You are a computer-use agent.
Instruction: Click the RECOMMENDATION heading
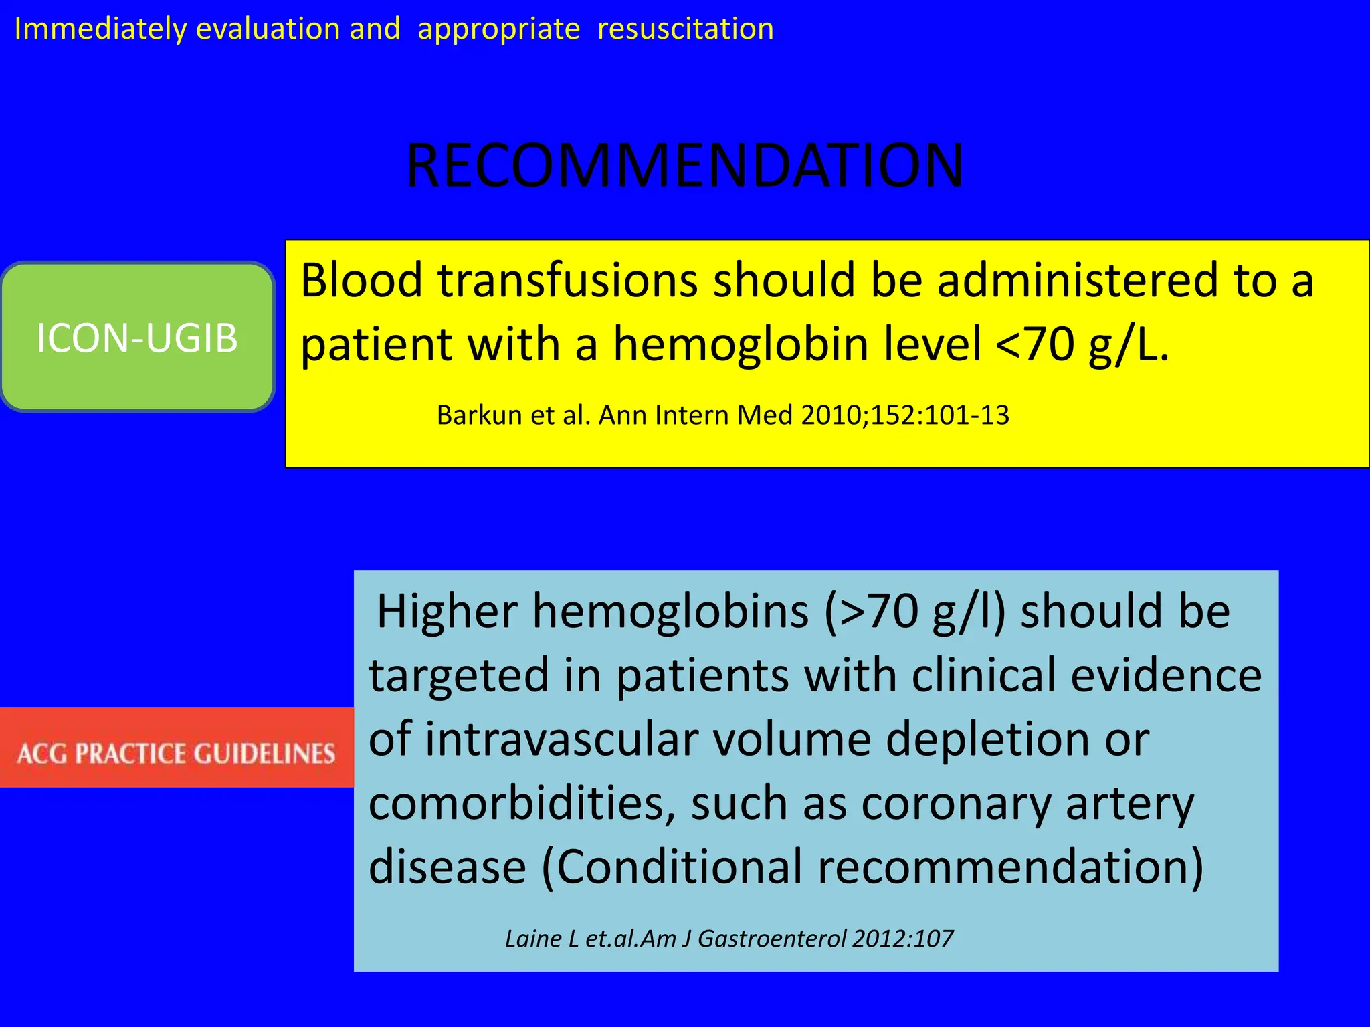pyautogui.click(x=684, y=165)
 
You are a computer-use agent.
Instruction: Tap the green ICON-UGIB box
pyautogui.click(x=137, y=337)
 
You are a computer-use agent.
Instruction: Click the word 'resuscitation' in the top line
pyautogui.click(x=685, y=29)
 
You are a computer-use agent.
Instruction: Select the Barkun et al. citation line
pyautogui.click(x=722, y=415)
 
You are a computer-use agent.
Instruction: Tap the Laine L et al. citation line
pyautogui.click(x=728, y=939)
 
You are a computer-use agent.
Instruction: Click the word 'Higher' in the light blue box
pyautogui.click(x=447, y=611)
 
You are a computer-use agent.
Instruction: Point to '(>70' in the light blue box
pyautogui.click(x=870, y=611)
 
